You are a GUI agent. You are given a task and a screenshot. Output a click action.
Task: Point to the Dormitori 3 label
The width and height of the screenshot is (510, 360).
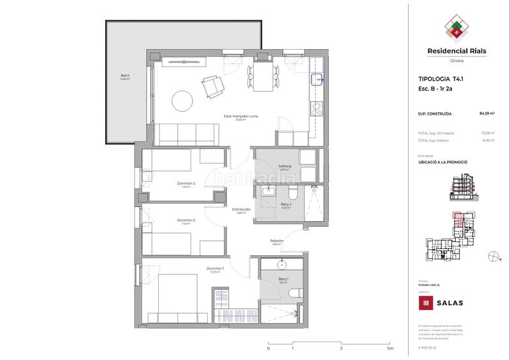click(186, 184)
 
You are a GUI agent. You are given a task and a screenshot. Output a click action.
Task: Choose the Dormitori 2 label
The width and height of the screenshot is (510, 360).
click(186, 220)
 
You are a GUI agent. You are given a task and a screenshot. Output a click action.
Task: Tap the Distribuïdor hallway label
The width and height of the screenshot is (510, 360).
click(241, 209)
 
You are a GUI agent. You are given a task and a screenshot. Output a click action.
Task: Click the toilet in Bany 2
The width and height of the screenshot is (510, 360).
click(293, 194)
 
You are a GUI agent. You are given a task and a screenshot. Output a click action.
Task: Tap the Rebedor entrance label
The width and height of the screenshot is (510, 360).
click(277, 241)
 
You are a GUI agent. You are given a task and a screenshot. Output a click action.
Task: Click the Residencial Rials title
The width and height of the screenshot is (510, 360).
click(452, 54)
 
